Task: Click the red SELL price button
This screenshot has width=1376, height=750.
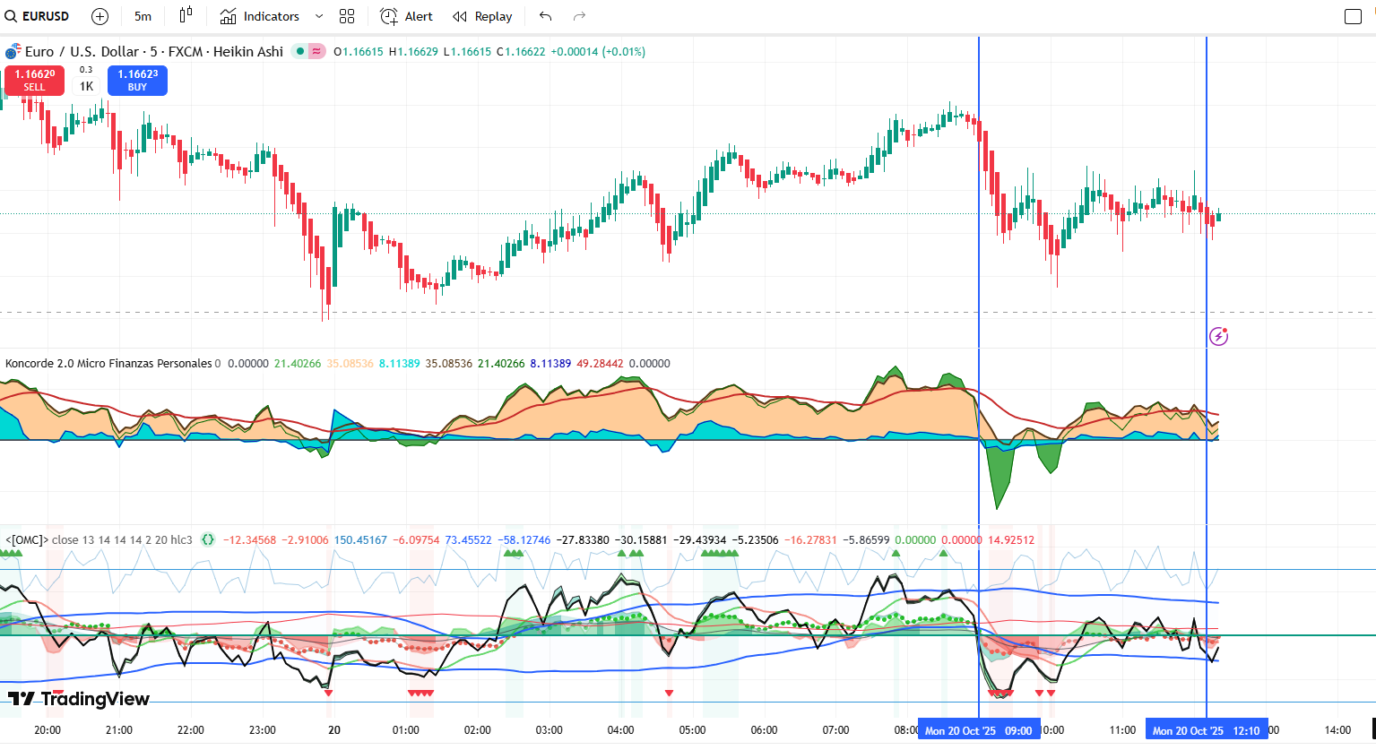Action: coord(34,81)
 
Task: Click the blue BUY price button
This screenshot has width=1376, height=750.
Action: coord(137,81)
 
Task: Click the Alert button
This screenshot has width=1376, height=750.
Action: coord(406,16)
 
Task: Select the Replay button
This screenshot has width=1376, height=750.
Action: coord(482,16)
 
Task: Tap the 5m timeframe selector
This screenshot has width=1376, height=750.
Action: coord(143,16)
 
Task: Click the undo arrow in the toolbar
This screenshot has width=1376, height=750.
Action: coord(545,16)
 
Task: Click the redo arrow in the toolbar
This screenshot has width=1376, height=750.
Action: coord(579,16)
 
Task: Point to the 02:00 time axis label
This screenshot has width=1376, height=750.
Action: coord(478,730)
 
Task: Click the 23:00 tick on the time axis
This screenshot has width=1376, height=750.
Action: coord(263,730)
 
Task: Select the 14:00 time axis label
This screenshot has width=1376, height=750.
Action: coord(1337,730)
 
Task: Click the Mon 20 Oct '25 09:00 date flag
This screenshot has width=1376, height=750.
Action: coord(978,730)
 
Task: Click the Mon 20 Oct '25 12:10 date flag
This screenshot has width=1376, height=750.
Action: coord(1206,730)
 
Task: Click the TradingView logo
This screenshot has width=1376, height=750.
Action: coord(79,699)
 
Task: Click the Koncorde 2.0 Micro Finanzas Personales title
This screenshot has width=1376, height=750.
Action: coord(108,364)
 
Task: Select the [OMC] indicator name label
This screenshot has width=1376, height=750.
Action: coord(26,540)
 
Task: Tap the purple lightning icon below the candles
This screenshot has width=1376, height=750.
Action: coord(1218,337)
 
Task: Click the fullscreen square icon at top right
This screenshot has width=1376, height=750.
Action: coord(1353,16)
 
